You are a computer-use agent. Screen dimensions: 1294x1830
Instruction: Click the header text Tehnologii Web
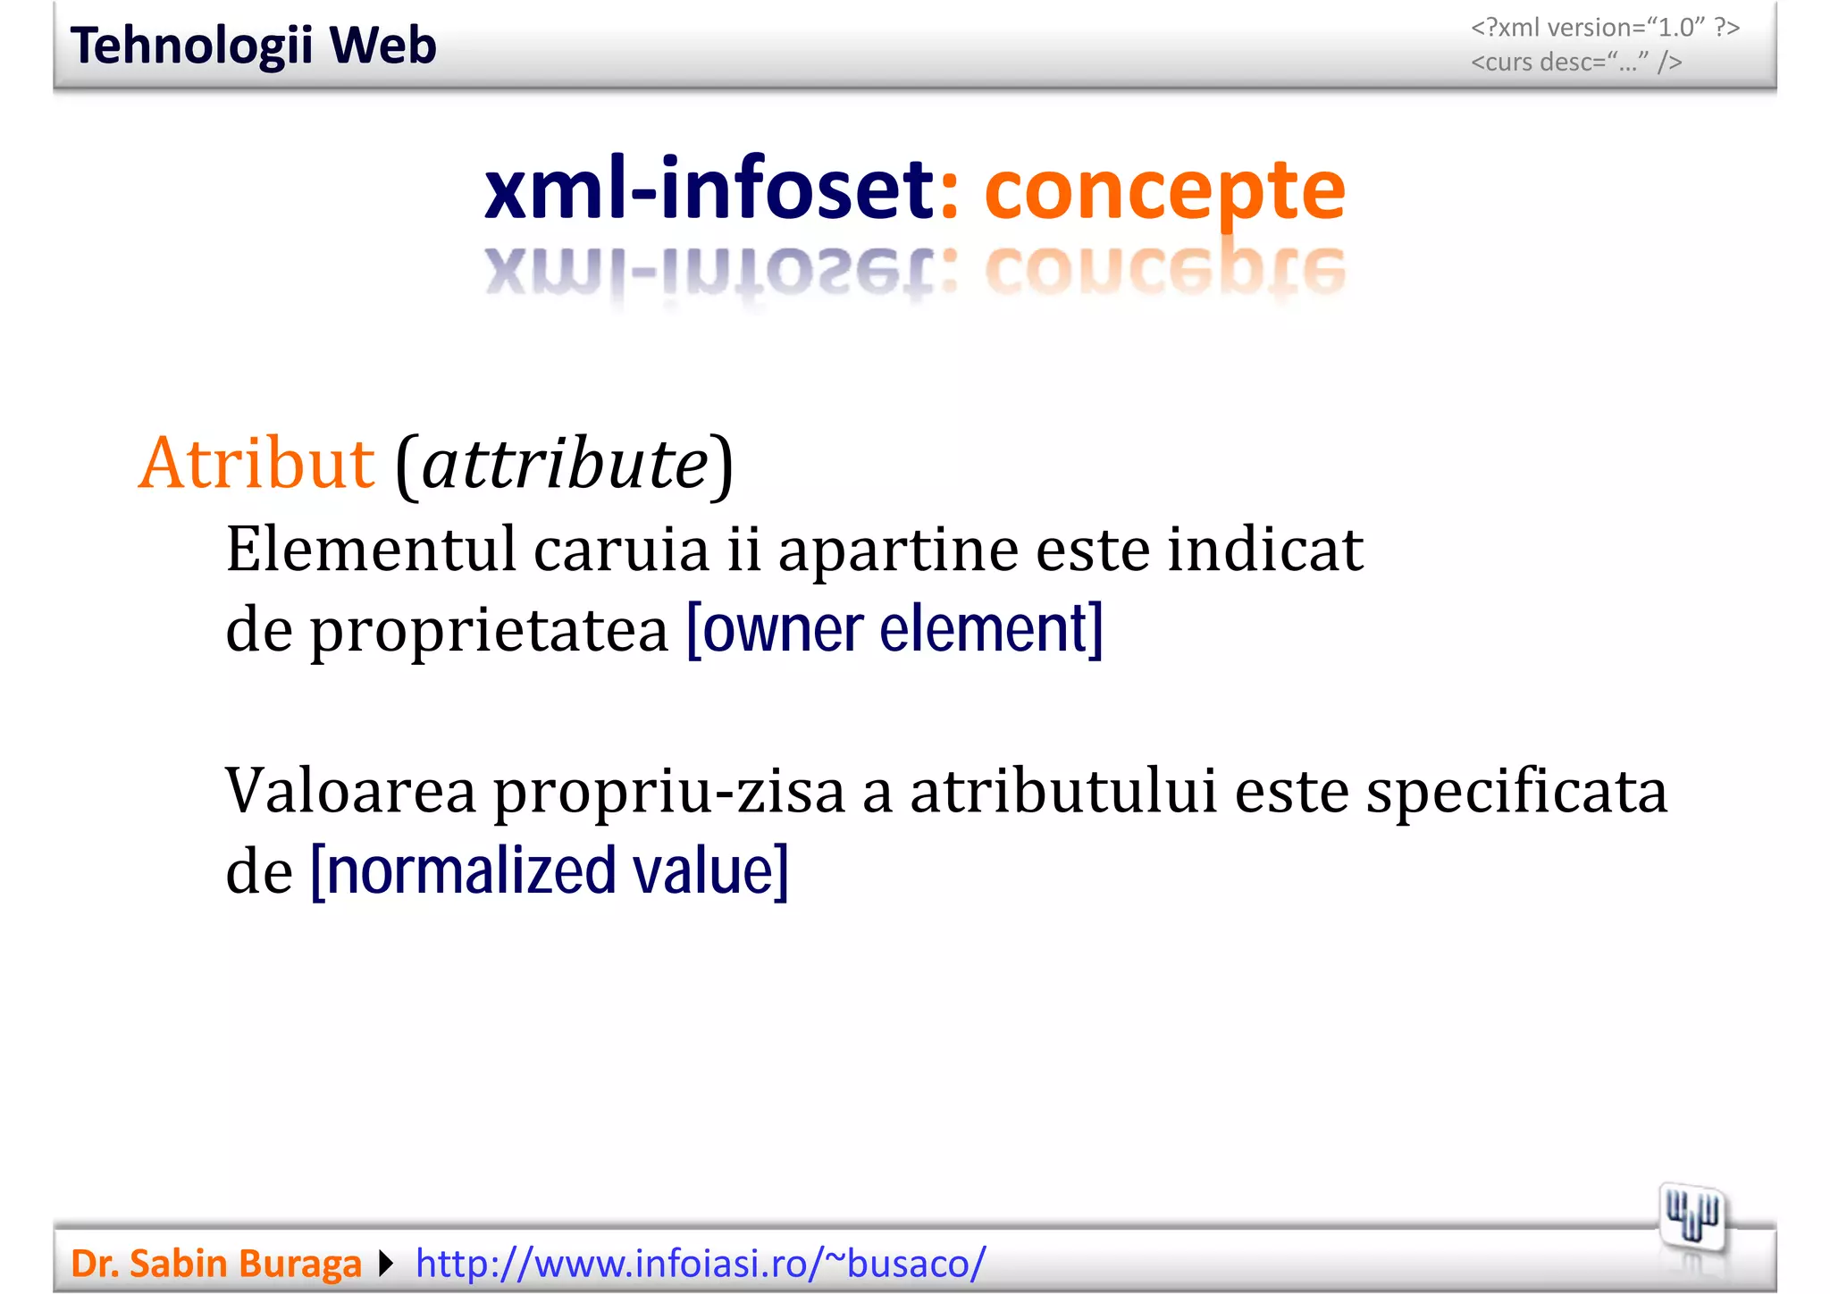[253, 46]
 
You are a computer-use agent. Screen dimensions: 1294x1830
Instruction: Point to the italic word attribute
[565, 465]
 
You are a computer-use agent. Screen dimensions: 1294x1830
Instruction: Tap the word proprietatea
[490, 631]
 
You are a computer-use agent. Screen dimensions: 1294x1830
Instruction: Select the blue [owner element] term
[894, 629]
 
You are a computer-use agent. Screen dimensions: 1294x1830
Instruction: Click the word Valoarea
[350, 791]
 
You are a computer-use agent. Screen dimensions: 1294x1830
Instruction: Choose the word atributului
[1063, 791]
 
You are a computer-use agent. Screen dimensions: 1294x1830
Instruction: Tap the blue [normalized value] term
[549, 870]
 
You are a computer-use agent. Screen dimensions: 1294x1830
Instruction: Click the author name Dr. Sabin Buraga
[216, 1264]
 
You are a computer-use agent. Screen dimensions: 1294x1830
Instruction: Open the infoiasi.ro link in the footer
[701, 1264]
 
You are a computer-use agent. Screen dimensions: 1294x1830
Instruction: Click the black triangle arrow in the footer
[386, 1264]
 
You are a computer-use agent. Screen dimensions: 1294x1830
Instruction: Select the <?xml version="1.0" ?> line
[1605, 28]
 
